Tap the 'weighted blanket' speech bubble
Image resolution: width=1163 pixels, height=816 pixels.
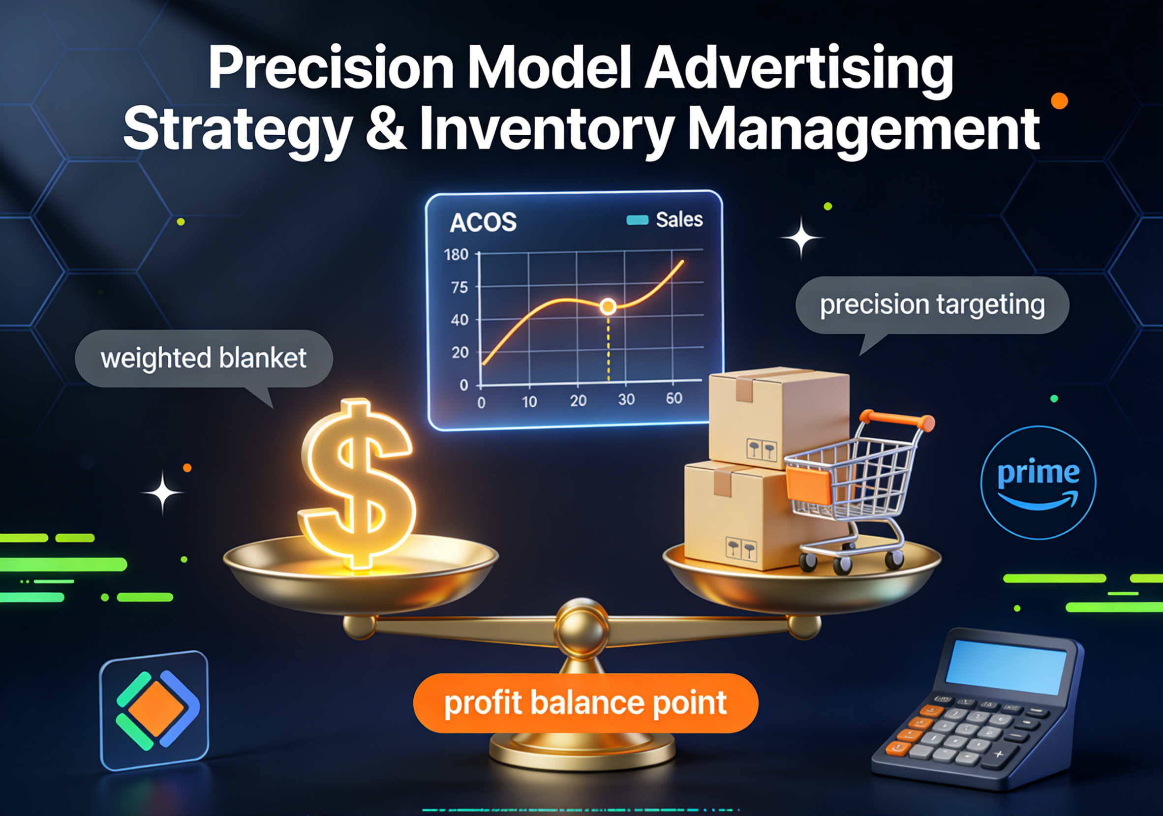(204, 359)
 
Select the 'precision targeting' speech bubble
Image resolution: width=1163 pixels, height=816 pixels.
(932, 305)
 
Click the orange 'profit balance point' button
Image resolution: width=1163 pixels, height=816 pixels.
(585, 703)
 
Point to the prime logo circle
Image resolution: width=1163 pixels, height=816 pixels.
(1039, 482)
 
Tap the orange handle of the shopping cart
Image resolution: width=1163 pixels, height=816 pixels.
(896, 421)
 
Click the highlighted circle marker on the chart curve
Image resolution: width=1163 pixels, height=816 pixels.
(608, 306)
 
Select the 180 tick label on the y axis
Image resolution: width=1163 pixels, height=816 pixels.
(456, 254)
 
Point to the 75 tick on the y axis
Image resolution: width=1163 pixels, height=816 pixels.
(459, 288)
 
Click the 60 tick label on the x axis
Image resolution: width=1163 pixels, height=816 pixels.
(673, 398)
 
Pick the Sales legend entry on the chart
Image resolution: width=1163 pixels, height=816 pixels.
(665, 220)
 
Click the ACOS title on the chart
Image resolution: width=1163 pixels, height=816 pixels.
(483, 222)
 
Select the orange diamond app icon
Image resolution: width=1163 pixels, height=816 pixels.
(154, 710)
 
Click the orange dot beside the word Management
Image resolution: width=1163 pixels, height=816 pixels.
(1059, 101)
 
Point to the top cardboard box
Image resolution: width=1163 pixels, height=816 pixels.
(779, 416)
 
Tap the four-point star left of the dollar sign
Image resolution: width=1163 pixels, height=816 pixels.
(162, 492)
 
